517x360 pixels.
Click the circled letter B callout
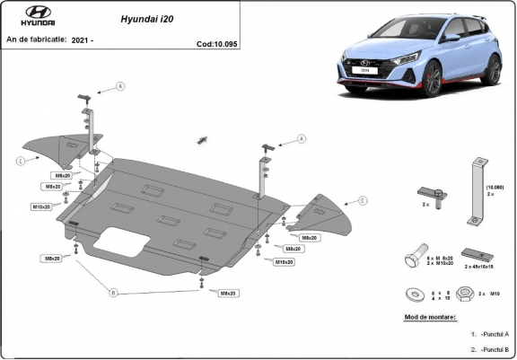113,293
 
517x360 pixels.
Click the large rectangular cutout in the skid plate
125,238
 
